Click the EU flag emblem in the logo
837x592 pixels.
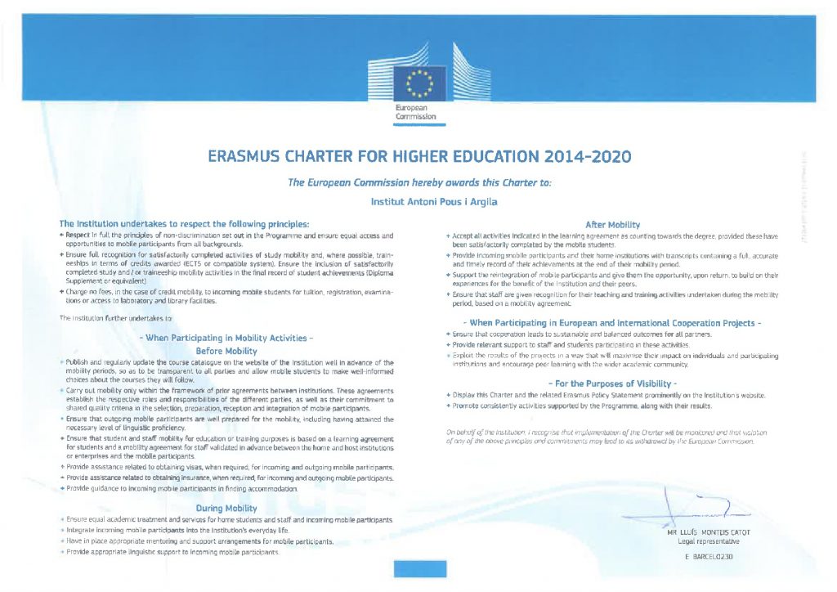tap(418, 82)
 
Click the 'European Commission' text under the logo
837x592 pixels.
tap(416, 113)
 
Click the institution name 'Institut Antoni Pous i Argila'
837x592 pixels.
tap(418, 200)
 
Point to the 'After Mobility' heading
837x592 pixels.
tap(613, 224)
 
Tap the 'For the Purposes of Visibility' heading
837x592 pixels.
tap(613, 383)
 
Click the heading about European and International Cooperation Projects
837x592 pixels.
tap(613, 323)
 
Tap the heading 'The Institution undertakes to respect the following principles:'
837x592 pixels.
tap(185, 223)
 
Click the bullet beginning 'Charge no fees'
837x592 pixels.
tap(221, 296)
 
